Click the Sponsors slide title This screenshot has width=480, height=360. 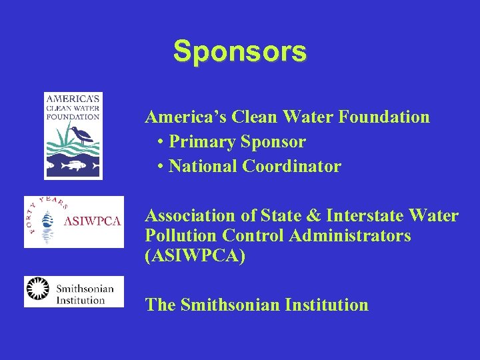tap(240, 51)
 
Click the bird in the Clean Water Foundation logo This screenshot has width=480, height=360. tap(84, 135)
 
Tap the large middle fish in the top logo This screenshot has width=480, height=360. tap(75, 163)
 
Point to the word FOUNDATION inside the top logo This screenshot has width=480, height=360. tap(73, 117)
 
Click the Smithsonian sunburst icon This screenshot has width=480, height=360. tap(39, 291)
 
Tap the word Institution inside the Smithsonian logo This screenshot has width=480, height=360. tap(80, 300)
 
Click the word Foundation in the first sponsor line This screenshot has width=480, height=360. tap(384, 117)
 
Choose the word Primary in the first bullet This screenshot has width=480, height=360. tap(194, 142)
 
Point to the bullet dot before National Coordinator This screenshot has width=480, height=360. tap(162, 167)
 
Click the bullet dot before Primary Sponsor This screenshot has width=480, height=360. tap(162, 142)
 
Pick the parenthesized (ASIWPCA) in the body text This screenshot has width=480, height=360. tap(195, 256)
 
